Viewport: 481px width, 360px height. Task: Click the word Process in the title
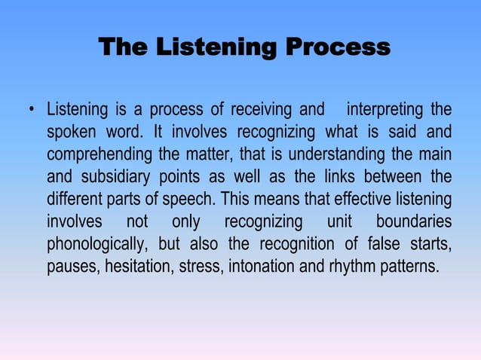[x=338, y=48]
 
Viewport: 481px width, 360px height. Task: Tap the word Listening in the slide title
[x=219, y=48]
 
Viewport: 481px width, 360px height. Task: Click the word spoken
[x=72, y=134]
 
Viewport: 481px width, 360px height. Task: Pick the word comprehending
[x=97, y=156]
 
